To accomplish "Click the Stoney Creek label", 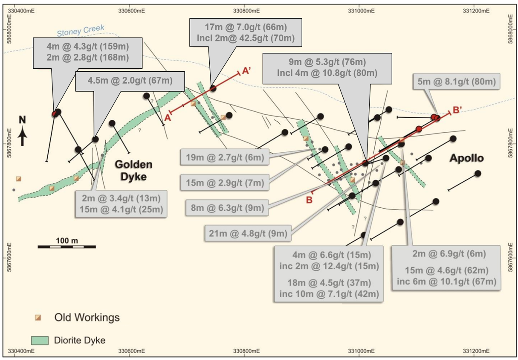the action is (81, 31).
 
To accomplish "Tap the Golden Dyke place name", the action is (134, 171).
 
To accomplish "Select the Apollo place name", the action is (466, 158).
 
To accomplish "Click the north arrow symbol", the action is (23, 131).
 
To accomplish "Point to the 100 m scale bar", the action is (67, 247).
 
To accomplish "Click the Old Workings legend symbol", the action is (38, 317).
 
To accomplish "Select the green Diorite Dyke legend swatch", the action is (40, 340).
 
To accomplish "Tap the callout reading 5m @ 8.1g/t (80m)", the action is (457, 81).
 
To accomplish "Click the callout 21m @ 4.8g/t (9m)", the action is (248, 233).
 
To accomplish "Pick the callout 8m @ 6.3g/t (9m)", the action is (227, 208).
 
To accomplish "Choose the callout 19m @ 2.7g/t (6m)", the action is (225, 157).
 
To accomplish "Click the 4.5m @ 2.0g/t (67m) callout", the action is (130, 81).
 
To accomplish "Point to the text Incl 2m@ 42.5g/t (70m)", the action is (246, 38).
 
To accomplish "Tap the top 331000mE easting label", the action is (361, 11).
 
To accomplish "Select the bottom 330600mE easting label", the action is (131, 351).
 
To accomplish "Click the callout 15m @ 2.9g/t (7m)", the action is (225, 183).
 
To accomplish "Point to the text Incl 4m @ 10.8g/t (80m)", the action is (327, 73).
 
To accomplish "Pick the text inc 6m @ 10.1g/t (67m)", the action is (446, 282).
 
